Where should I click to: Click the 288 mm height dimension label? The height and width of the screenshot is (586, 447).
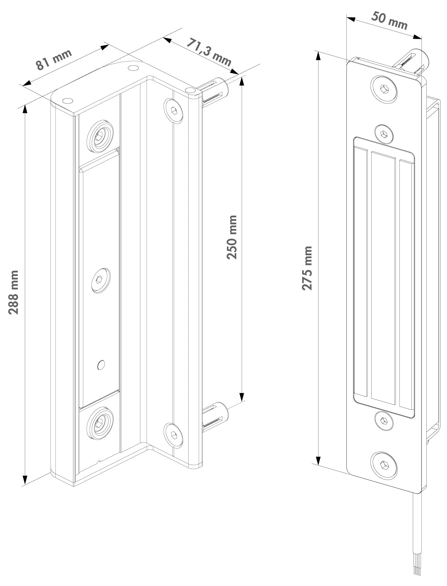(13, 292)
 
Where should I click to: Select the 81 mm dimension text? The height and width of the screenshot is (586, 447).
(54, 59)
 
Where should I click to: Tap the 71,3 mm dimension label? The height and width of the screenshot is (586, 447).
(209, 52)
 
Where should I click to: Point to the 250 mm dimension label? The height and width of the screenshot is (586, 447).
(232, 237)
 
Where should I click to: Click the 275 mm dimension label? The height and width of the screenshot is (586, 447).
(307, 268)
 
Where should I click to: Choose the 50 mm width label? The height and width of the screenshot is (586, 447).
(389, 21)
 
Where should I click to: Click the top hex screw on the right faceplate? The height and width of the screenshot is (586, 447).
(384, 89)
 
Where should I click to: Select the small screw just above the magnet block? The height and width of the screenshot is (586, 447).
(384, 134)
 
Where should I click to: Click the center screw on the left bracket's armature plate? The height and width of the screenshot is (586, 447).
(101, 280)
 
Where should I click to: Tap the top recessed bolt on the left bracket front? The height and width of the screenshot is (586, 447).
(100, 136)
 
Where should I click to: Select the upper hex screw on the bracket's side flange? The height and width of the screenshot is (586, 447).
(173, 111)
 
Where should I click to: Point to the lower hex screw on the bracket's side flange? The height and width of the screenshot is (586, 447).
(173, 435)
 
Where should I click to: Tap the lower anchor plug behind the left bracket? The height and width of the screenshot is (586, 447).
(215, 417)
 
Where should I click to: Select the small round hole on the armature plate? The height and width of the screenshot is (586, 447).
(101, 365)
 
